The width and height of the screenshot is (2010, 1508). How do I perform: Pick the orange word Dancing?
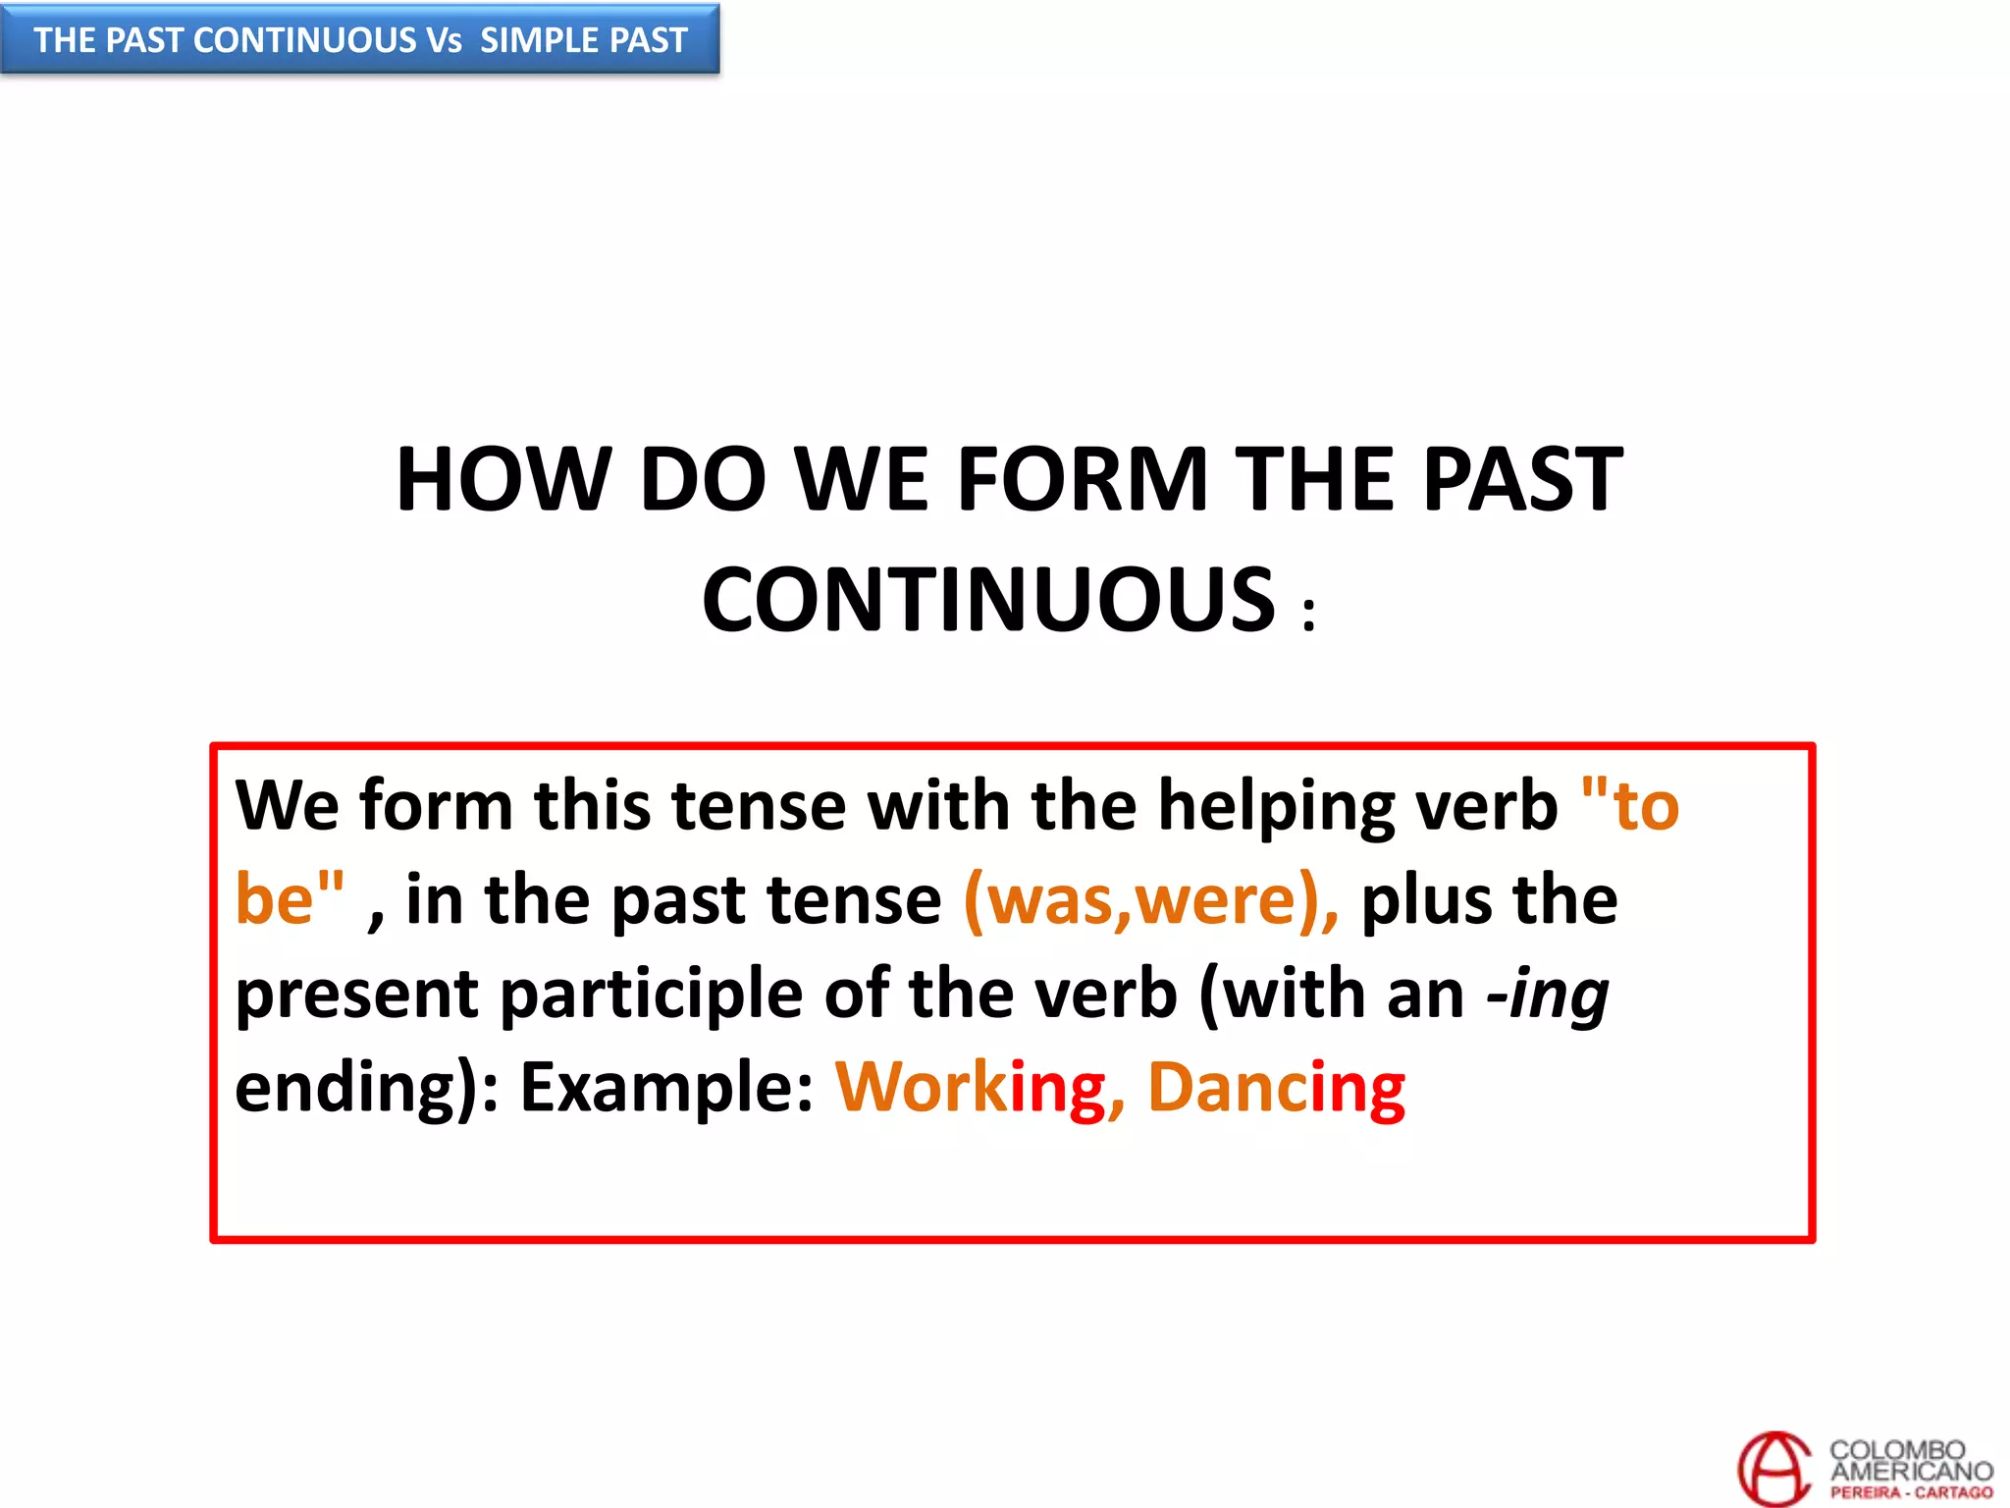(x=1276, y=1088)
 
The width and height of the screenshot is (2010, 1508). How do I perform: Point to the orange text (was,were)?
(x=1150, y=899)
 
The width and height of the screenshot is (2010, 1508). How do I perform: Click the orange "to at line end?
(x=1630, y=806)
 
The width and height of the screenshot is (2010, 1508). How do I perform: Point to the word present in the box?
(x=356, y=995)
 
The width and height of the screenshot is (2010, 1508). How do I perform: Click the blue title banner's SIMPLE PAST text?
(x=583, y=40)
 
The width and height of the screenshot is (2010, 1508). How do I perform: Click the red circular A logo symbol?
(x=1773, y=1468)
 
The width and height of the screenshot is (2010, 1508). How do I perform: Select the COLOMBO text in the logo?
(x=1897, y=1449)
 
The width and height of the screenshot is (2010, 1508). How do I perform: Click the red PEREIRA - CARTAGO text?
(x=1911, y=1492)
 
